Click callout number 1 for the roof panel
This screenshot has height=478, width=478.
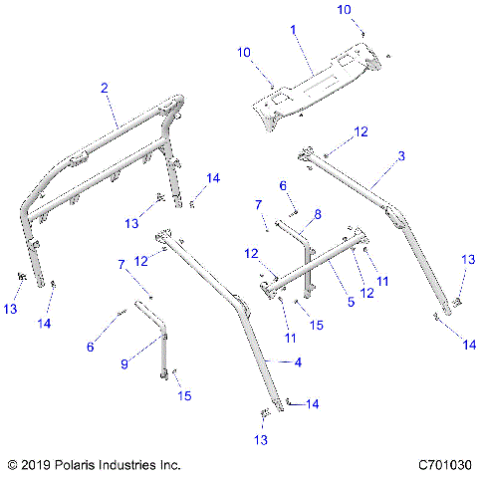293,31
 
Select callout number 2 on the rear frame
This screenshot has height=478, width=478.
105,89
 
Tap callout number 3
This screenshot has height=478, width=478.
400,156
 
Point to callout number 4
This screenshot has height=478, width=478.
298,363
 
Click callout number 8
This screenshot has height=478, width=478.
318,214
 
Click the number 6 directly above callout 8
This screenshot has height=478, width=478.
282,186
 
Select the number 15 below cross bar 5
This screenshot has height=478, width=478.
316,325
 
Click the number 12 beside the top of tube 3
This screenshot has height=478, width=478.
361,131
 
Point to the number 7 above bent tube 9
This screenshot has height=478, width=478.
122,266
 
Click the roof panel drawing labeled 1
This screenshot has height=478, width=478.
314,85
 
